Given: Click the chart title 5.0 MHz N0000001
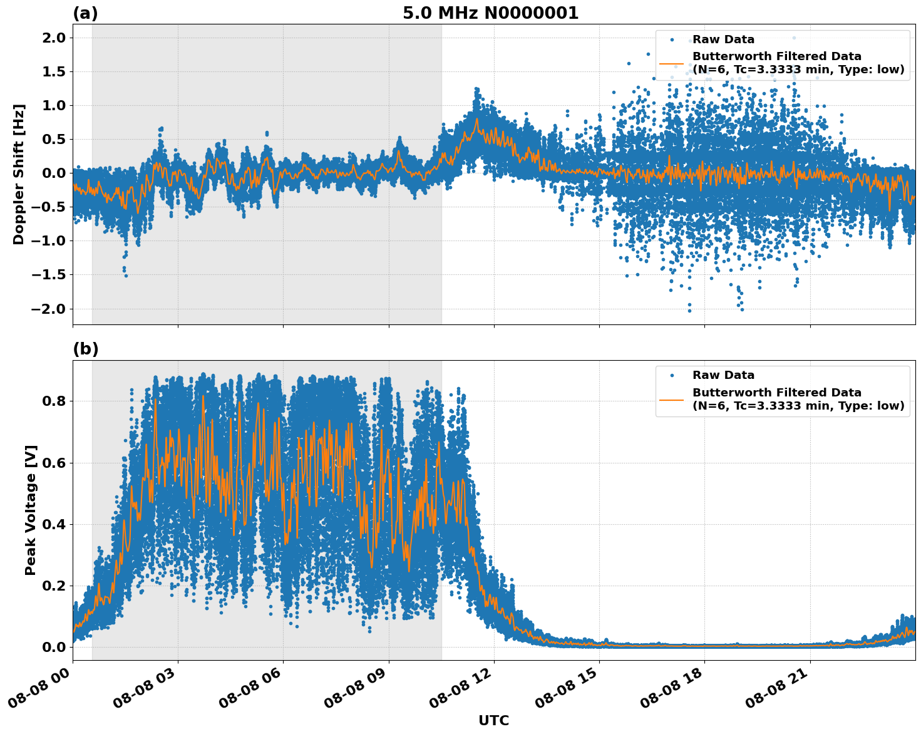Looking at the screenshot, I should [x=490, y=13].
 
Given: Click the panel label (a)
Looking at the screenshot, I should [x=85, y=13].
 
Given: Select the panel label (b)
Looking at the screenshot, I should [x=85, y=349].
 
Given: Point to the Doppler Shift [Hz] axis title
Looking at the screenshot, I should [x=19, y=174].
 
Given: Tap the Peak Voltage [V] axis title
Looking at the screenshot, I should [x=31, y=510].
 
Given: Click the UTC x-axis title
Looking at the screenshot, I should [x=493, y=720].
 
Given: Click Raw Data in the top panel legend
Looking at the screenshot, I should [x=723, y=39].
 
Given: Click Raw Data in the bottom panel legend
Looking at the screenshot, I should [x=723, y=375].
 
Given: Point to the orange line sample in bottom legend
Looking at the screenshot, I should [x=672, y=399].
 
